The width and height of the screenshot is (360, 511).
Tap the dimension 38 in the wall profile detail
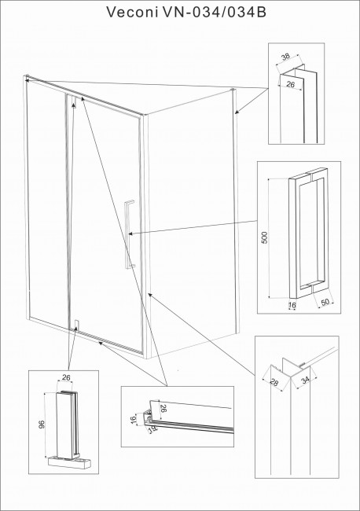point(285,57)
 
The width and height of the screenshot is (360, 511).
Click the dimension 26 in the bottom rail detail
point(164,409)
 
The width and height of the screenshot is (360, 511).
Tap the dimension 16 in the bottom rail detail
point(134,421)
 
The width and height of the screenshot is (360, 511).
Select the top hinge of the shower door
point(72,99)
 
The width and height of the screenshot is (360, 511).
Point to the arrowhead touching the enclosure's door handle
point(131,233)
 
